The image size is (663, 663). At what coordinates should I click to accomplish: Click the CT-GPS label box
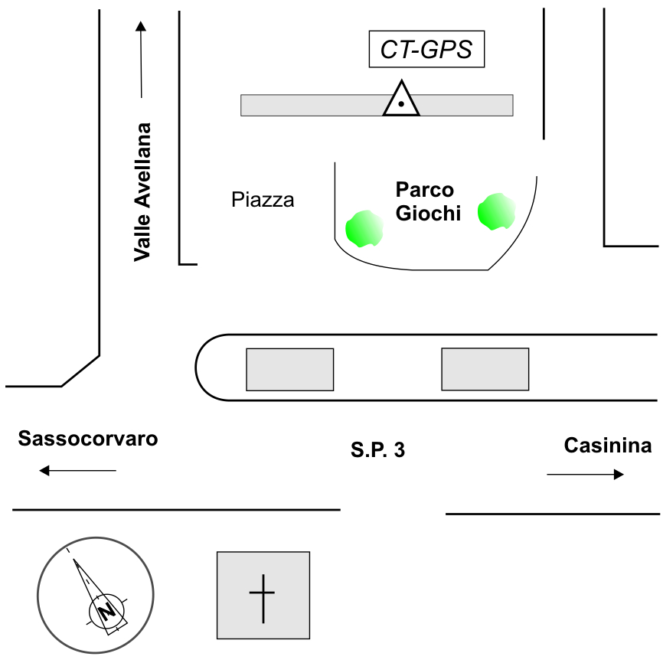pos(426,51)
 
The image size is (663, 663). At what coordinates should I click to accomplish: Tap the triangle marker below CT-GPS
pos(401,100)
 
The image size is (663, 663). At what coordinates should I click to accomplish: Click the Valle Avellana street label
pos(142,191)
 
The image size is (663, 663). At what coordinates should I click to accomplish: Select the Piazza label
pos(263,201)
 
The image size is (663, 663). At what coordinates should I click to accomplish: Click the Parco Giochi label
pos(427,201)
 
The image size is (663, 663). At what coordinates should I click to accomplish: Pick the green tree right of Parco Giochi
pos(495,212)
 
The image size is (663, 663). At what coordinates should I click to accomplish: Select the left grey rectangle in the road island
pos(289,369)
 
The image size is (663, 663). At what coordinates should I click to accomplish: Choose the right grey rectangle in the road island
pos(485,369)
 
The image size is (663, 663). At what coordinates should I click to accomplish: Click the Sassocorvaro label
pos(88,439)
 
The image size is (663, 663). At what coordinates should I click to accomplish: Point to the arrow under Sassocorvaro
pos(77,471)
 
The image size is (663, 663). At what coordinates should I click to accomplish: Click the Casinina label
pos(608,446)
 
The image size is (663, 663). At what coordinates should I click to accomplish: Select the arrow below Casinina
pos(586,475)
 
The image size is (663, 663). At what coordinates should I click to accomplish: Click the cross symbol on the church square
pos(262,595)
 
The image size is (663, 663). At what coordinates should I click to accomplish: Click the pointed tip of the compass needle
pos(74,560)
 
